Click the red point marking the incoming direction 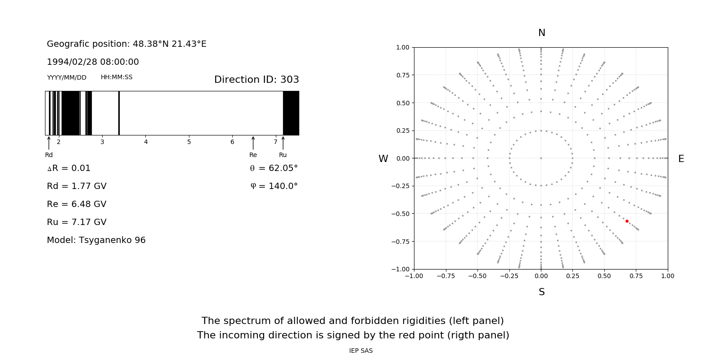click(x=627, y=221)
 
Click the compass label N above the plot click(x=542, y=33)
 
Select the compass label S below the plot click(x=542, y=292)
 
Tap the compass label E click(x=681, y=159)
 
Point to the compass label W click(x=383, y=159)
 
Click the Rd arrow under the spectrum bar click(x=49, y=143)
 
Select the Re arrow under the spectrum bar click(x=253, y=143)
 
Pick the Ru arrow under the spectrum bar click(x=283, y=143)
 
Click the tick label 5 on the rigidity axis click(x=189, y=142)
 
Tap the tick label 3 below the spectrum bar click(x=102, y=142)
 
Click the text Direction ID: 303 click(x=256, y=80)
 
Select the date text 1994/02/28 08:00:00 click(x=93, y=62)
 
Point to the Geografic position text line click(x=126, y=44)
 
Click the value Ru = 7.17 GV click(x=76, y=222)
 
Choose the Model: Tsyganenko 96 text click(x=96, y=240)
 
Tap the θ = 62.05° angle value click(x=274, y=168)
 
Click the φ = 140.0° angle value click(x=274, y=186)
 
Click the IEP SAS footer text click(x=361, y=351)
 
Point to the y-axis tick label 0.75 click(x=403, y=75)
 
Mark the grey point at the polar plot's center click(x=541, y=158)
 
